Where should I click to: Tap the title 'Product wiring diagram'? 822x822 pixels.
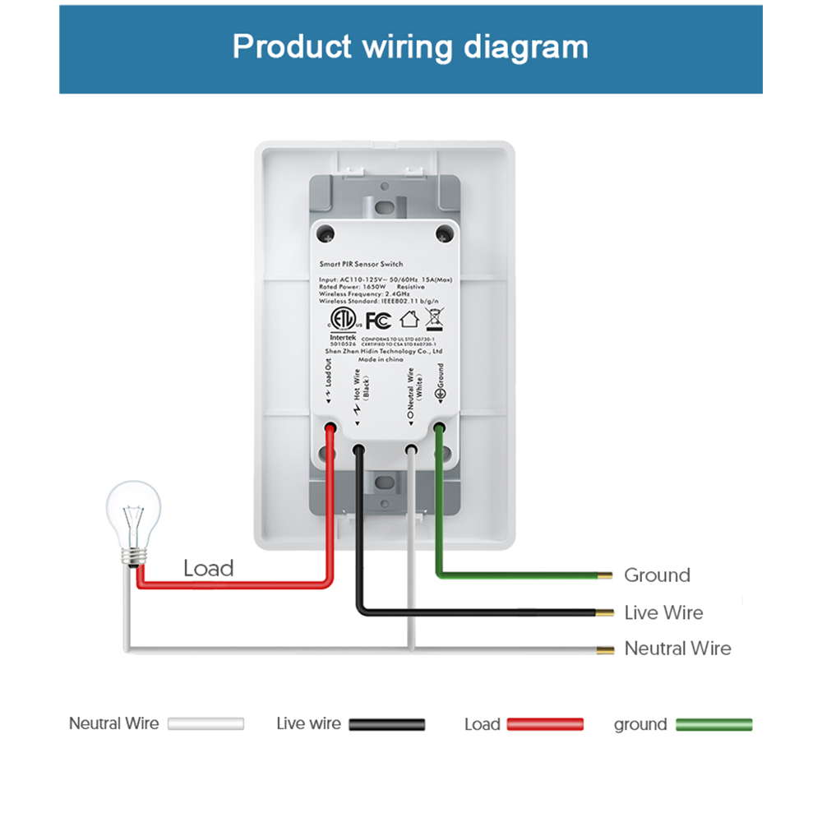(410, 47)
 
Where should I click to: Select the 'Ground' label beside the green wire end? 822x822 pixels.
(657, 575)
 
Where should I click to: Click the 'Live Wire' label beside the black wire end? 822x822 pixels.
(663, 612)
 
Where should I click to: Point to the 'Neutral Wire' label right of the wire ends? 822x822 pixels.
(677, 649)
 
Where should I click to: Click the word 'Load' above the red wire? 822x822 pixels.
(208, 568)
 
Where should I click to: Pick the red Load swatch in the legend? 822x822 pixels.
(545, 724)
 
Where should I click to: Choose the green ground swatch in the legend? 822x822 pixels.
(713, 724)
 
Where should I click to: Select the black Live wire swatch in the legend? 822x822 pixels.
(386, 724)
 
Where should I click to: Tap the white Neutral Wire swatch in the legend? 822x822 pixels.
(205, 724)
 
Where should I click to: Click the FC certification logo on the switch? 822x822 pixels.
(377, 320)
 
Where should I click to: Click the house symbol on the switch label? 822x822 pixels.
(409, 320)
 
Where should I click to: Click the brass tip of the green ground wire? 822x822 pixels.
(606, 575)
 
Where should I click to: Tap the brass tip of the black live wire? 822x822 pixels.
(606, 612)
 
